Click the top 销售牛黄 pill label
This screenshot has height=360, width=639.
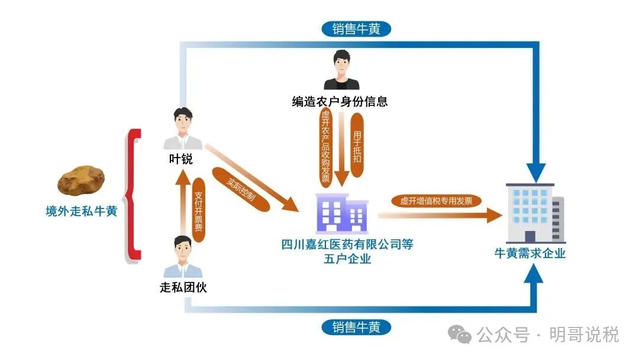pyautogui.click(x=356, y=28)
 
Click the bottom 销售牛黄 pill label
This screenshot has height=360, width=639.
pyautogui.click(x=356, y=327)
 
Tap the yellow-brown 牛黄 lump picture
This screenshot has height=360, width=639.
pyautogui.click(x=82, y=180)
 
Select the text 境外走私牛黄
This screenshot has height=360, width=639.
pyautogui.click(x=82, y=211)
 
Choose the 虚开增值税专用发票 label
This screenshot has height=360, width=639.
pyautogui.click(x=437, y=201)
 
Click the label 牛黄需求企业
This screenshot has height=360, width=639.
pyautogui.click(x=531, y=253)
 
